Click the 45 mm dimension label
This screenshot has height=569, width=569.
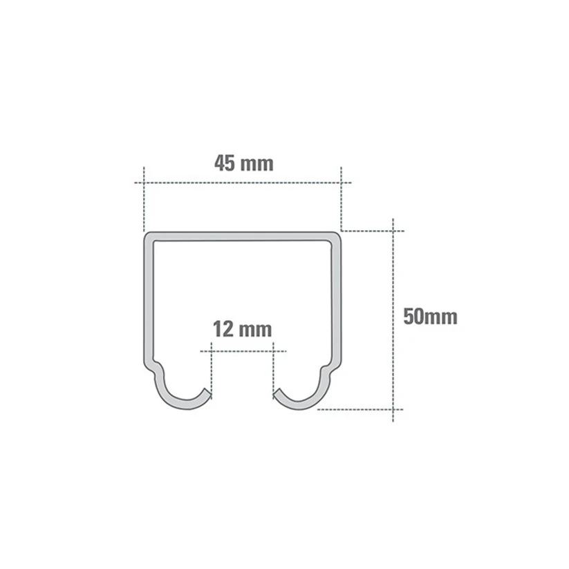click(243, 164)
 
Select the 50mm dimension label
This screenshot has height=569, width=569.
click(430, 317)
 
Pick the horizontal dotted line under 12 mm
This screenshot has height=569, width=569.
click(242, 351)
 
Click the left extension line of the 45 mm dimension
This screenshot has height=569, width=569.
click(143, 200)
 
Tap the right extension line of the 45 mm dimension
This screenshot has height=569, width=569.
click(342, 200)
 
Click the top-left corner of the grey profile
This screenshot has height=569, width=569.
click(147, 236)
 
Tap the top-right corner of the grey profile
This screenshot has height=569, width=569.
click(337, 236)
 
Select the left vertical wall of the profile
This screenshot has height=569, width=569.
click(147, 297)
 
